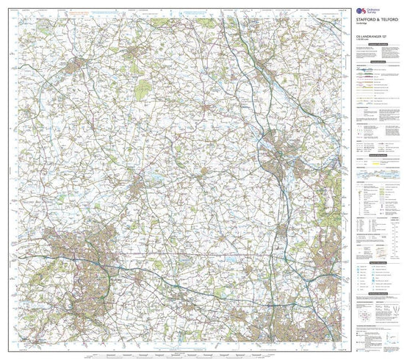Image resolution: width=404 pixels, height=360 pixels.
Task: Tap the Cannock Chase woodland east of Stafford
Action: [x=323, y=184]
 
